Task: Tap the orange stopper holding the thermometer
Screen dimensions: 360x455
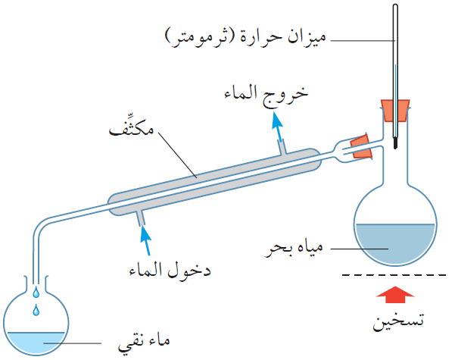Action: pos(395,111)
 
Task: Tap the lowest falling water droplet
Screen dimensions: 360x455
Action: pos(34,311)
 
